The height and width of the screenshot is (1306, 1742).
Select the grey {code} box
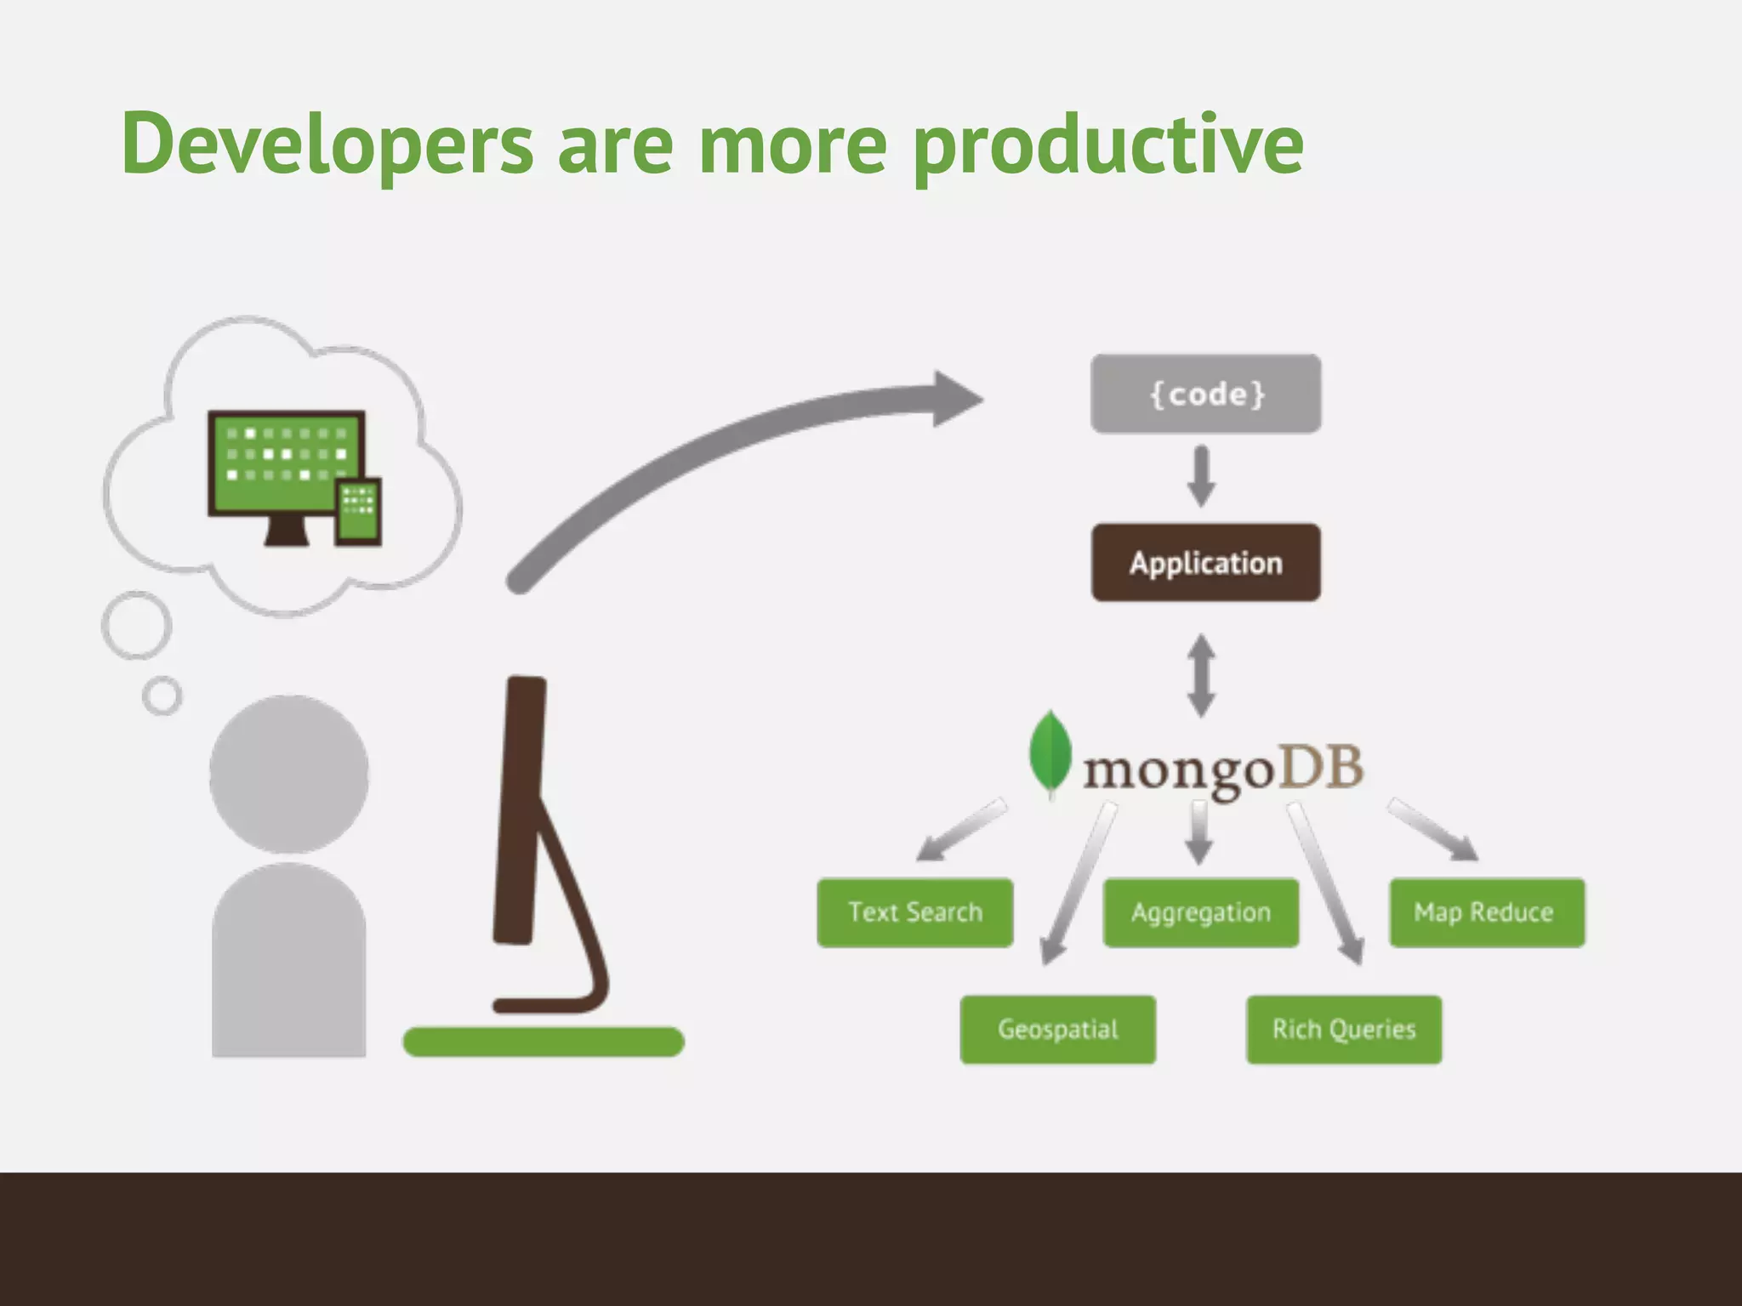pyautogui.click(x=1205, y=394)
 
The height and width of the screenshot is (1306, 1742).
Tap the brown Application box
pyautogui.click(x=1205, y=563)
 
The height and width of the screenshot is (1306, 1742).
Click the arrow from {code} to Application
pyautogui.click(x=1201, y=477)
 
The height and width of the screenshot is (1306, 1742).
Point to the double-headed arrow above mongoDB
pyautogui.click(x=1201, y=676)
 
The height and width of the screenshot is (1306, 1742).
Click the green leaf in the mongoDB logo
pyautogui.click(x=1050, y=753)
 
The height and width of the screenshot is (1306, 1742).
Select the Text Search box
pyautogui.click(x=914, y=912)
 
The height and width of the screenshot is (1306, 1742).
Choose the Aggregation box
pyautogui.click(x=1200, y=912)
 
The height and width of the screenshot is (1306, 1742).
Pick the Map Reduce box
pyautogui.click(x=1486, y=912)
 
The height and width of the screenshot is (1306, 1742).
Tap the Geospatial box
pyautogui.click(x=1057, y=1029)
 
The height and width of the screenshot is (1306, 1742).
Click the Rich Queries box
pyautogui.click(x=1343, y=1029)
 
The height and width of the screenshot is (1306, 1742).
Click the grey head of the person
pyautogui.click(x=289, y=775)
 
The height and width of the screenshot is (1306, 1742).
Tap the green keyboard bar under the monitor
pyautogui.click(x=543, y=1042)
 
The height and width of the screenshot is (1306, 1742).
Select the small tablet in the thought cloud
pyautogui.click(x=357, y=511)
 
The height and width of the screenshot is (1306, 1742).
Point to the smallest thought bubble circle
pyautogui.click(x=162, y=696)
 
